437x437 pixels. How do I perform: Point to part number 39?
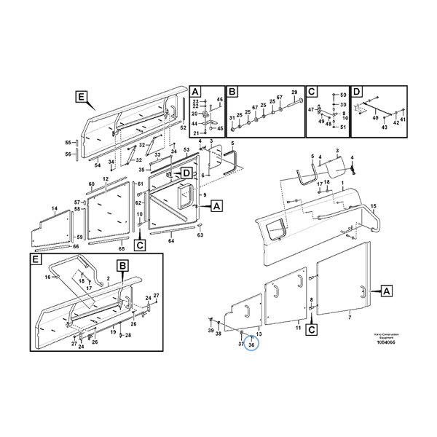click(x=210, y=331)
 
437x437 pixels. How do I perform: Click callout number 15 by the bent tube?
click(x=374, y=207)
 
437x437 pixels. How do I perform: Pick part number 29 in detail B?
click(x=294, y=92)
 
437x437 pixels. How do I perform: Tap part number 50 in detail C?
click(x=343, y=96)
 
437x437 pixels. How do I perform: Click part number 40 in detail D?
click(x=376, y=118)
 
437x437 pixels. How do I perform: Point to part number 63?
click(x=200, y=235)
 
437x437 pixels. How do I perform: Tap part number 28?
click(x=127, y=336)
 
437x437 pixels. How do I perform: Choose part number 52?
click(x=184, y=127)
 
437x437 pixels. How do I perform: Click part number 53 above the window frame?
click(x=186, y=150)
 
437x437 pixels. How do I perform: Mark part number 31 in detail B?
click(x=232, y=118)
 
